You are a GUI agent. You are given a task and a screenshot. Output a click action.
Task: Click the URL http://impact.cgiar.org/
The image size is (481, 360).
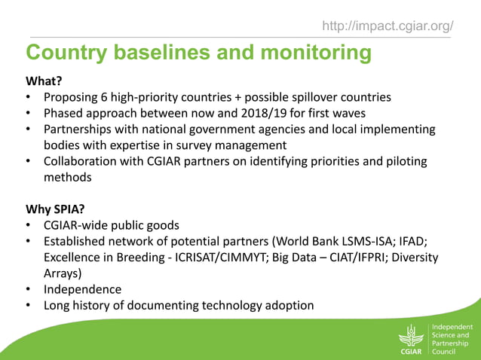[x=388, y=27]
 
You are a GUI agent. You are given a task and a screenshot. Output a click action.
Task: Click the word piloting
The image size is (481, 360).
[x=402, y=162]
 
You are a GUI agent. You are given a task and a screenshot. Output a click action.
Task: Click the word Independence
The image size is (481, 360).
[x=82, y=290]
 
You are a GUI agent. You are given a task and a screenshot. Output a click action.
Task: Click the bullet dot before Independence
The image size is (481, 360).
[x=28, y=290]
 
